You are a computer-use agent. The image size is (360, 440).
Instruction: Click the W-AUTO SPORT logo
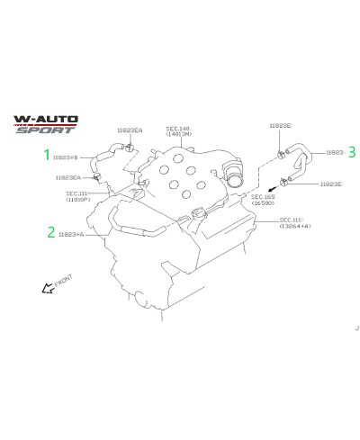click(46, 124)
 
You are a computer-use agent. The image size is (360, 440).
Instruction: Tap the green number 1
click(49, 154)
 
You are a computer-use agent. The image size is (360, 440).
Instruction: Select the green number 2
click(50, 232)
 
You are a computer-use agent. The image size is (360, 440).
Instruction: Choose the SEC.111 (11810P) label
click(79, 195)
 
